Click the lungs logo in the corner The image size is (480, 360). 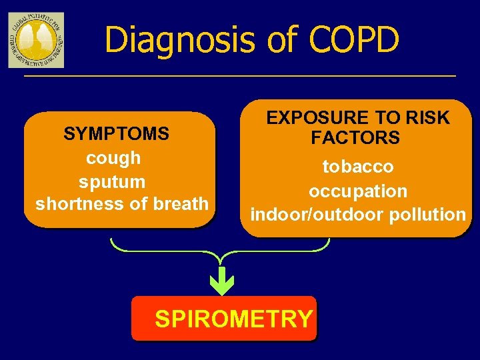pos(36,40)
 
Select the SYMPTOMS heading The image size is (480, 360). pos(116,134)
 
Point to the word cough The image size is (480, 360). pos(113,158)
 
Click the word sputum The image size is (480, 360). pos(112,181)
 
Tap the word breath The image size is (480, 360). pos(181,204)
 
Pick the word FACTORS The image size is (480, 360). pos(355,139)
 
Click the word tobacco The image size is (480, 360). pos(357,166)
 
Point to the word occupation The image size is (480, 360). pos(357,191)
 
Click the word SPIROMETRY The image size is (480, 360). pos(233,319)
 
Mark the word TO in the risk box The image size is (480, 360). pos(393,119)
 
